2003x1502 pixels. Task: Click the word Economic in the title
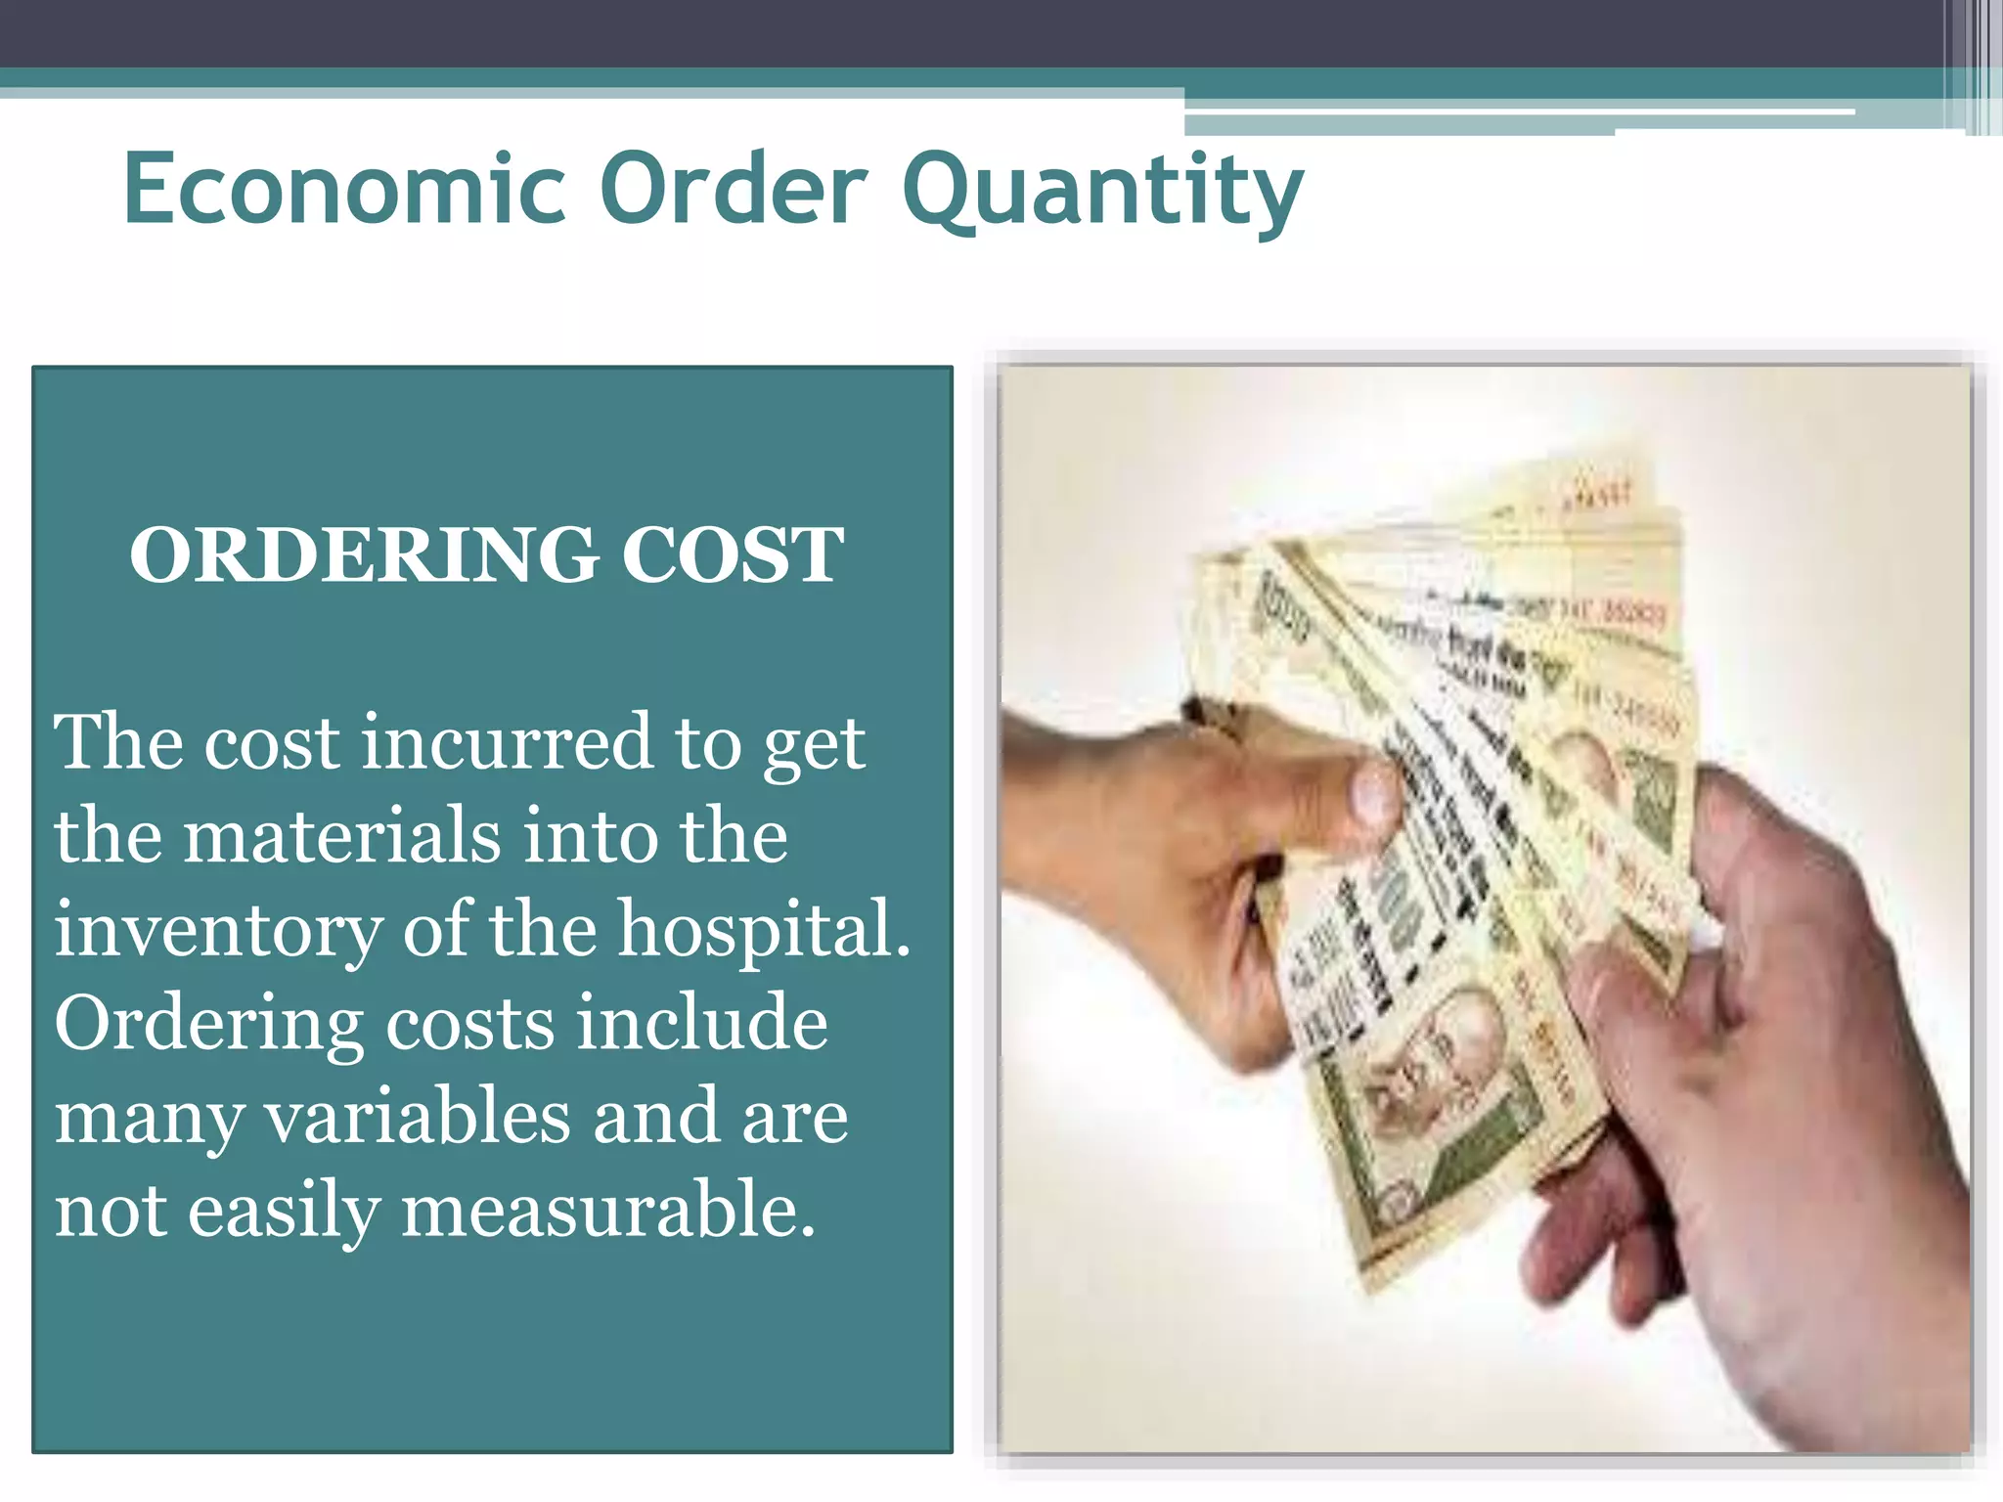coord(344,188)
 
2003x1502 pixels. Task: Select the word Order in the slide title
coord(733,188)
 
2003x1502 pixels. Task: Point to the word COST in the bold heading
coord(733,555)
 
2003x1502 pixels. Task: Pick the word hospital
coord(764,929)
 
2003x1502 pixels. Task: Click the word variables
coord(418,1117)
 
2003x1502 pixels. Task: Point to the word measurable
coord(608,1211)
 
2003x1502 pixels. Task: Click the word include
coord(701,1023)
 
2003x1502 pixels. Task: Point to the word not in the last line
coord(110,1211)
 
